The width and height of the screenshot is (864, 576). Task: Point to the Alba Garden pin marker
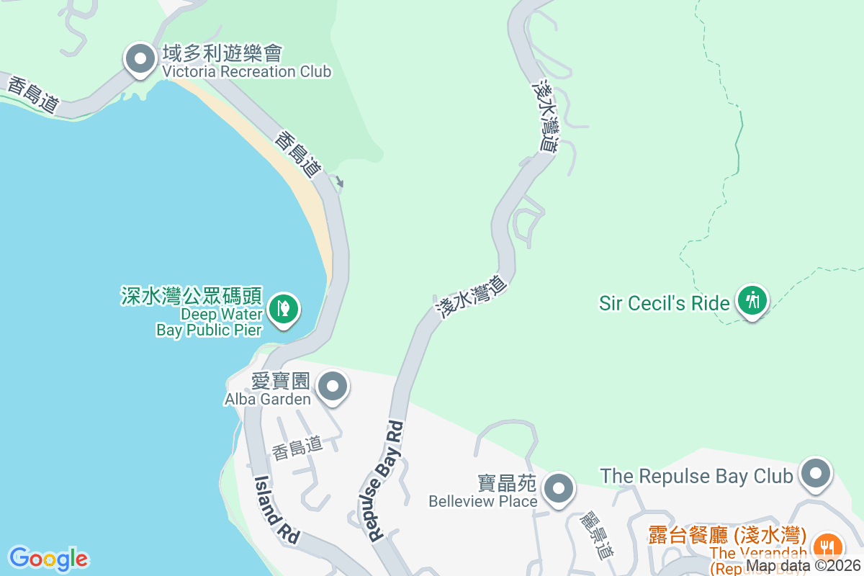tap(333, 387)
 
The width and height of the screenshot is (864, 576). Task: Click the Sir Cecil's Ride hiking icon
tap(753, 300)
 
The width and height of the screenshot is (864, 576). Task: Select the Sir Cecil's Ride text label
tap(664, 303)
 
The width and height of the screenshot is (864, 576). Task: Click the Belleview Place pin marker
tap(558, 490)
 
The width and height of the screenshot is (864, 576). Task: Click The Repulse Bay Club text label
tap(696, 476)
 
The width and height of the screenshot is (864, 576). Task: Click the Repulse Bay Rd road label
tap(384, 481)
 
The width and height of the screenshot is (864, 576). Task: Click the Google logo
tap(48, 559)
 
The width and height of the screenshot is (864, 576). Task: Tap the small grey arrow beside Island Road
tap(340, 184)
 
